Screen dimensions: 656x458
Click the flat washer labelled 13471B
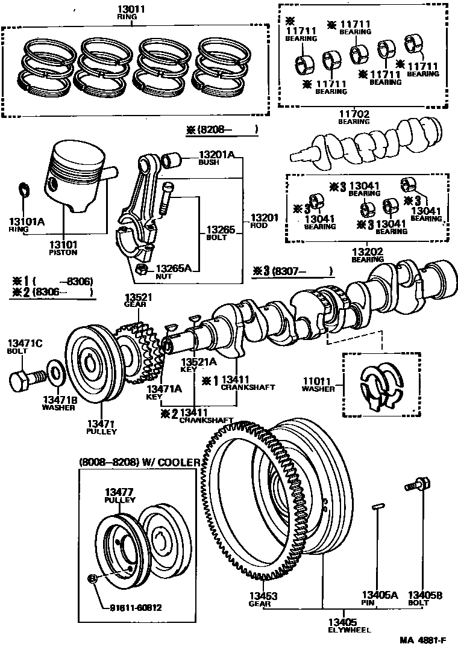[x=54, y=374]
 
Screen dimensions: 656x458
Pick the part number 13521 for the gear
[x=138, y=297]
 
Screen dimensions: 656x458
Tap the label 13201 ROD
[x=265, y=221]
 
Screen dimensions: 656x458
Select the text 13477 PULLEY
[x=120, y=495]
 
